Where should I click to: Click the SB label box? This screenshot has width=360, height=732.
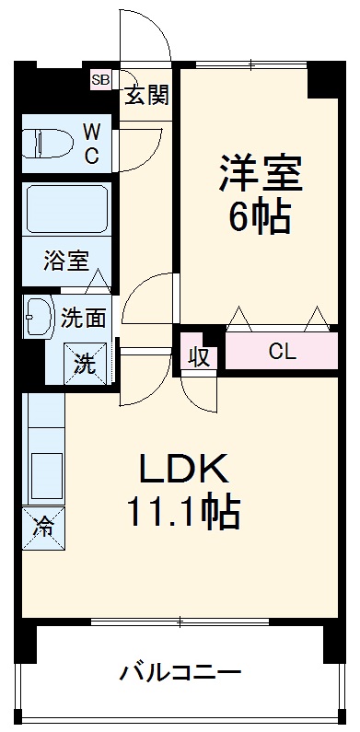(x=100, y=80)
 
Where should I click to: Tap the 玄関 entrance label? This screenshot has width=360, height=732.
(x=147, y=95)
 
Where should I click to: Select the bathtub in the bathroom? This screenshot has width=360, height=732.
(x=67, y=210)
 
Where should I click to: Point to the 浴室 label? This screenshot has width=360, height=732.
(x=66, y=261)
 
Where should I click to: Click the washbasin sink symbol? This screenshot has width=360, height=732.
(x=38, y=317)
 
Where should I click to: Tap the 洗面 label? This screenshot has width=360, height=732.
(x=84, y=319)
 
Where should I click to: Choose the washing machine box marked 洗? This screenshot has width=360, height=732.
(x=85, y=363)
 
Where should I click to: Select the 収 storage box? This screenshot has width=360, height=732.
(x=200, y=354)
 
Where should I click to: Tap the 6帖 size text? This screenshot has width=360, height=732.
(x=261, y=217)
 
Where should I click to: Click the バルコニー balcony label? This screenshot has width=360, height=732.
(x=180, y=673)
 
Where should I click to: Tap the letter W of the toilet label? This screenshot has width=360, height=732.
(x=93, y=131)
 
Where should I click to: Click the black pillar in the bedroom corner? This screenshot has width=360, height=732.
(x=323, y=82)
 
